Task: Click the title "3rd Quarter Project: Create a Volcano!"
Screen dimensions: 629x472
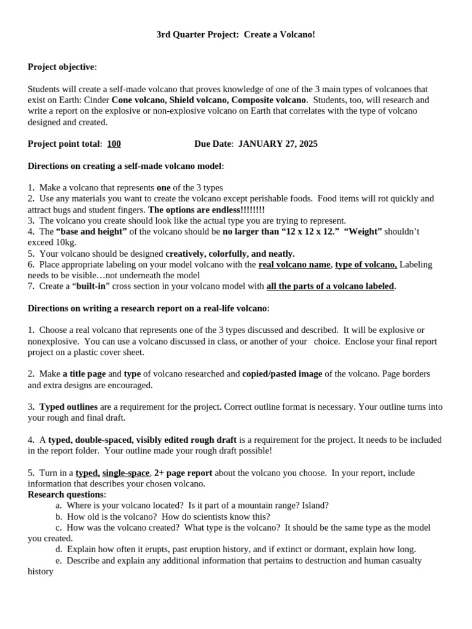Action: point(235,35)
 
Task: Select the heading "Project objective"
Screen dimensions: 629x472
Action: point(61,67)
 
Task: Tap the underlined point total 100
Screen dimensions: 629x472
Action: point(114,144)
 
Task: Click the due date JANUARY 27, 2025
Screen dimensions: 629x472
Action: point(278,144)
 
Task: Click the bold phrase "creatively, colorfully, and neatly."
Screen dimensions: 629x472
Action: point(230,254)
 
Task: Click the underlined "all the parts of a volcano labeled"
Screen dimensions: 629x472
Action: point(330,286)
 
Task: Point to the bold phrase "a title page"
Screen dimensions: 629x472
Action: point(84,374)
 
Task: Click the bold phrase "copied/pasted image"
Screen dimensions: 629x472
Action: point(280,374)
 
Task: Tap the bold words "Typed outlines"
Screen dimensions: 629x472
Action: point(68,407)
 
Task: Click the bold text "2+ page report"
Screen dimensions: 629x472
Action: point(183,473)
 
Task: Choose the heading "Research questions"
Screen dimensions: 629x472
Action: point(66,494)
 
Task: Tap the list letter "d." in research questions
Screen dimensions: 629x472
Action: point(59,550)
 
